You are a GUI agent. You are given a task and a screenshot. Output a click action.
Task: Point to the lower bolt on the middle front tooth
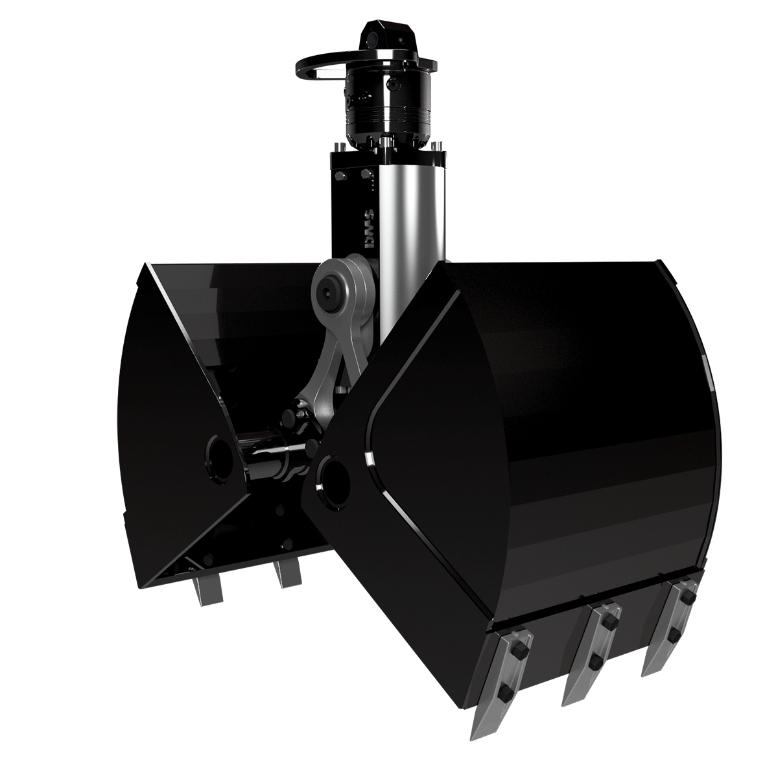(x=593, y=661)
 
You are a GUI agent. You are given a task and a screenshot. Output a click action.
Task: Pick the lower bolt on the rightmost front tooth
(x=674, y=632)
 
